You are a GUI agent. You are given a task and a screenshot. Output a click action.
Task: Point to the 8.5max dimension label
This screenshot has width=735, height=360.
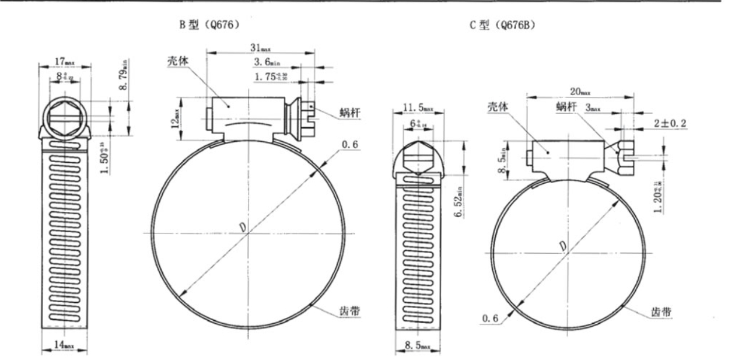tap(418, 347)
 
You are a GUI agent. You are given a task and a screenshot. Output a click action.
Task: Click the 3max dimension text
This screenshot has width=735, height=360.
tap(591, 108)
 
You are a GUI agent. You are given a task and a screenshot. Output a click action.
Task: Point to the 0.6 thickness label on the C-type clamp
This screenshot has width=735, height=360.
tap(491, 318)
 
